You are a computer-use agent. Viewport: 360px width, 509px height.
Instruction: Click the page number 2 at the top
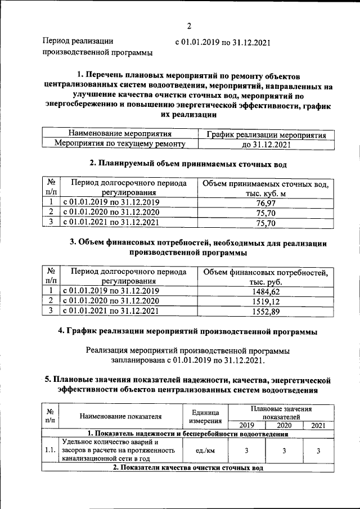(190, 26)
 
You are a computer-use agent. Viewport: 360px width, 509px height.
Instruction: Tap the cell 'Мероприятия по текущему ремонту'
(119, 145)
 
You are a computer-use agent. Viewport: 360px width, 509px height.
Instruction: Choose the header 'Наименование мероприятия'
(119, 134)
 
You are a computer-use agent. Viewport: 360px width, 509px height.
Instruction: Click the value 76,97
(264, 202)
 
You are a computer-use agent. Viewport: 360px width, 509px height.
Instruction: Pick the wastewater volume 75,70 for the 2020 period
(264, 213)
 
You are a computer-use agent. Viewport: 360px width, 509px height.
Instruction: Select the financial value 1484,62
(264, 291)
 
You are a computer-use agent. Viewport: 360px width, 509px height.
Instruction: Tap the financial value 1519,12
(264, 301)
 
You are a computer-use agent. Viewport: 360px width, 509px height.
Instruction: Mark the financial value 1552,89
(264, 311)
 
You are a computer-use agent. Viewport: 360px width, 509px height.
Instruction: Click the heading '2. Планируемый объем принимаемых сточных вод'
(188, 164)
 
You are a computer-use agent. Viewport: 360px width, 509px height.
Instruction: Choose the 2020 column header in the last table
(284, 425)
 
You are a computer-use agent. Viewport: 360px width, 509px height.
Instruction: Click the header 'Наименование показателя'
(120, 416)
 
